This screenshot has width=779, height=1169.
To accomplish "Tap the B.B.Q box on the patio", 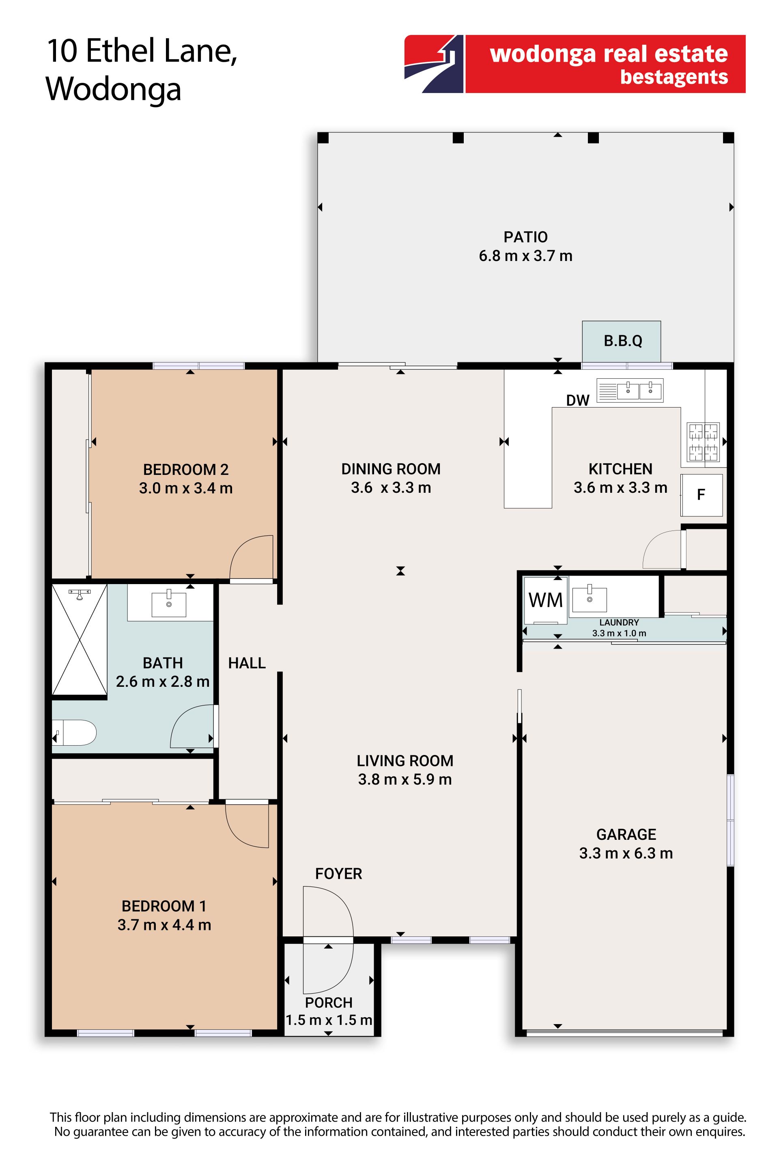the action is [x=622, y=341].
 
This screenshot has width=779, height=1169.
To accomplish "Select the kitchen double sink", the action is [x=629, y=390].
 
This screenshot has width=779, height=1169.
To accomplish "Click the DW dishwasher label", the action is [x=577, y=400].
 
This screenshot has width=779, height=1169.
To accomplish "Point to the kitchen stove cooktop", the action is [x=703, y=442].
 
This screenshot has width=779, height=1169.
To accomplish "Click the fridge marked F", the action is [x=702, y=495].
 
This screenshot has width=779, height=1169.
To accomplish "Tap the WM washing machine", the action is [x=545, y=600].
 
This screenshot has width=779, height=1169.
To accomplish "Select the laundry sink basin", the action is [x=590, y=600].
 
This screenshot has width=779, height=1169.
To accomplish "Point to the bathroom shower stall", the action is [x=80, y=640].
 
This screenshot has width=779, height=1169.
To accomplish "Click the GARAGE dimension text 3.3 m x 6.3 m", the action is [x=626, y=853].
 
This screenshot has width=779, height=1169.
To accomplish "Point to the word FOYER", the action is [x=338, y=874].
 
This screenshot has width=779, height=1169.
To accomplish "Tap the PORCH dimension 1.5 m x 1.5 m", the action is [x=328, y=1020].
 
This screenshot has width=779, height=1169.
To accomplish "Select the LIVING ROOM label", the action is [x=405, y=761].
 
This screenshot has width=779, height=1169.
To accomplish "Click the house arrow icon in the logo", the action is [x=434, y=64].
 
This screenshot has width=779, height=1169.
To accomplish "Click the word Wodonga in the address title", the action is [x=114, y=90].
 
